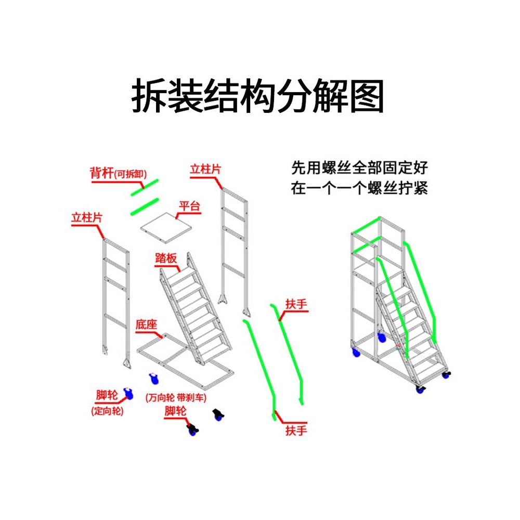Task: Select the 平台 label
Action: (189, 206)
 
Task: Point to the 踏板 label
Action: (166, 258)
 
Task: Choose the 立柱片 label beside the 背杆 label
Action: (205, 170)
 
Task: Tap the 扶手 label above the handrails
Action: (296, 304)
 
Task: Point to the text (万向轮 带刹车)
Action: (176, 398)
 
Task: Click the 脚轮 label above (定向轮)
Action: (107, 395)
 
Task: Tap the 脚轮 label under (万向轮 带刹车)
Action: (175, 411)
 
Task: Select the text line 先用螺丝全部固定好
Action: (359, 168)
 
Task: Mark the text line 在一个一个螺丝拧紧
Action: (359, 188)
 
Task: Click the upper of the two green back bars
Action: (145, 187)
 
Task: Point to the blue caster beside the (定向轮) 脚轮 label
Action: (127, 394)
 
